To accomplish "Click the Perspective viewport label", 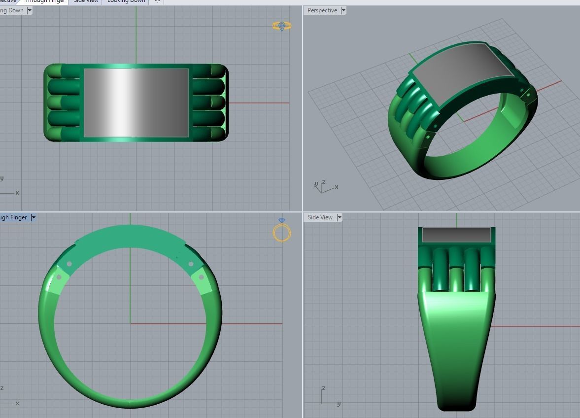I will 322,10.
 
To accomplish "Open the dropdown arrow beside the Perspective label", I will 343,10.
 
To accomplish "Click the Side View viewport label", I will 320,217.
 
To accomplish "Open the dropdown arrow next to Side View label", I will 340,217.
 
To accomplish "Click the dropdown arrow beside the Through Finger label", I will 33,217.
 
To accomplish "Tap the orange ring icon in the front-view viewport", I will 282,232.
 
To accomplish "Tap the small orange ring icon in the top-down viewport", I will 282,26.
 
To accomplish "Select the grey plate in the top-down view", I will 136,103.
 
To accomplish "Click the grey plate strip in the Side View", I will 456,235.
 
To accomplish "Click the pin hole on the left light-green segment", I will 60,278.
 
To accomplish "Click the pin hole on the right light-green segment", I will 201,278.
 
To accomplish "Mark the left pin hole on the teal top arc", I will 69,264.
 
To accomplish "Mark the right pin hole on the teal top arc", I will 191,264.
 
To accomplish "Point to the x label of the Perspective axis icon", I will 336,187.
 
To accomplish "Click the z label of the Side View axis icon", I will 324,388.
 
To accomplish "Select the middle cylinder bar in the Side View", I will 456,269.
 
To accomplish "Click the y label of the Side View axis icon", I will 339,403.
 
